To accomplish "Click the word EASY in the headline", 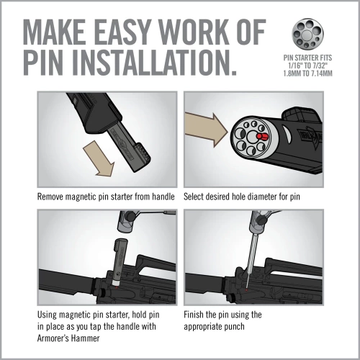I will [129, 33].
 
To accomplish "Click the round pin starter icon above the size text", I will [307, 34].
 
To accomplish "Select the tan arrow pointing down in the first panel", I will [99, 157].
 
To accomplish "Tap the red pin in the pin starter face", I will [264, 134].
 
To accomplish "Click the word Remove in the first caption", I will [54, 195].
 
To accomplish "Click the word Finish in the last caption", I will [198, 315].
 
